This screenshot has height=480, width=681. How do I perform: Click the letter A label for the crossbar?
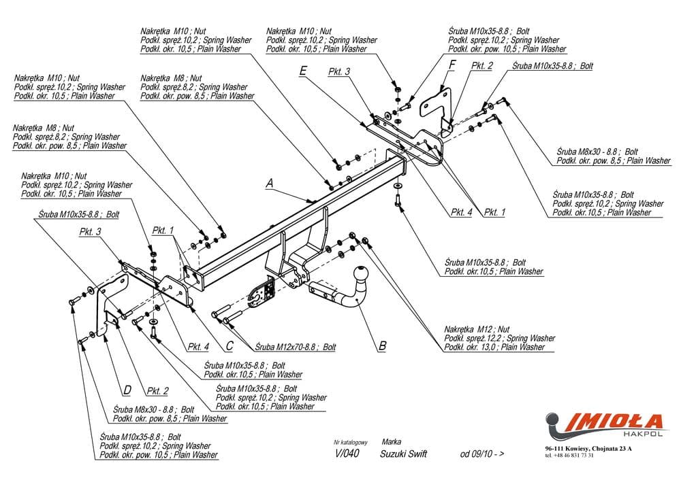point(270,183)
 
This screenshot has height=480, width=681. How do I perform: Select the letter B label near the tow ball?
point(382,346)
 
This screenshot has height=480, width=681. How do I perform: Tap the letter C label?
point(229,346)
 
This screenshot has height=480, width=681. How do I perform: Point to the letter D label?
point(127,390)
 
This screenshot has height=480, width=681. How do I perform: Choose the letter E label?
point(303,70)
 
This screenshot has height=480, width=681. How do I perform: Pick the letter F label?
point(451,65)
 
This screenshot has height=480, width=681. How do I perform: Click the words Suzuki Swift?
point(404,454)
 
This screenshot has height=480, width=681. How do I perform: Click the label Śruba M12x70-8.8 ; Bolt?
point(291,347)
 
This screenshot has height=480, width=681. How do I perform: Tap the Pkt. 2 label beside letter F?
point(481,66)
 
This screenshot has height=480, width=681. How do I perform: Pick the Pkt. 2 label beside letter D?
point(157,391)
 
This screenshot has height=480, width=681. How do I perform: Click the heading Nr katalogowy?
point(351,442)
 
